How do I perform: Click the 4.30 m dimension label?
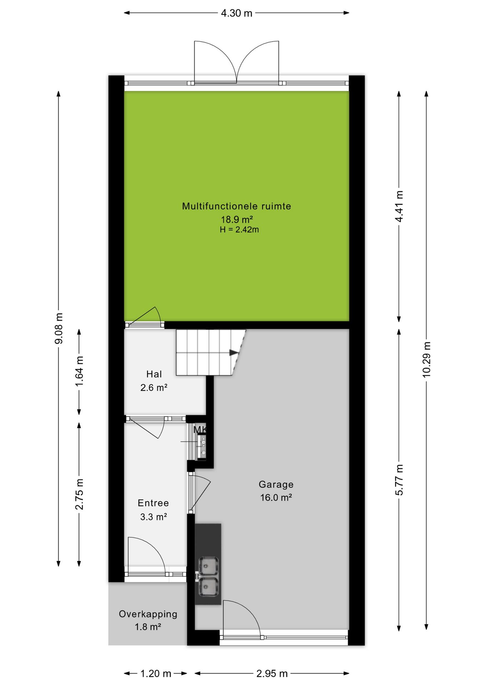pyautogui.click(x=236, y=13)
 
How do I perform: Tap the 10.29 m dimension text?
pyautogui.click(x=426, y=359)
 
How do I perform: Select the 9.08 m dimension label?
pyautogui.click(x=59, y=328)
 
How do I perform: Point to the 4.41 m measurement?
pyautogui.click(x=399, y=206)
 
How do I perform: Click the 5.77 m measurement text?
pyautogui.click(x=399, y=480)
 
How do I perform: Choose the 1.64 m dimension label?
pyautogui.click(x=79, y=371)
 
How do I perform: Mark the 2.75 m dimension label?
pyautogui.click(x=79, y=494)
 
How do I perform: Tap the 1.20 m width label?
pyautogui.click(x=156, y=673)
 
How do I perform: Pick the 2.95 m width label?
pyautogui.click(x=272, y=673)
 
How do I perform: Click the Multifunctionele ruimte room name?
pyautogui.click(x=236, y=206)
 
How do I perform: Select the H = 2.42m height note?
pyautogui.click(x=239, y=230)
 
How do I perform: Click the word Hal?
pyautogui.click(x=154, y=374)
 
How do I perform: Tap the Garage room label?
pyautogui.click(x=276, y=484)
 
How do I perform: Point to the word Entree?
pyautogui.click(x=153, y=503)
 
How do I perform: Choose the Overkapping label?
pyautogui.click(x=148, y=614)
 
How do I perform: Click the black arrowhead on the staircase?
pyautogui.click(x=234, y=353)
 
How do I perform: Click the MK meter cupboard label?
pyautogui.click(x=200, y=430)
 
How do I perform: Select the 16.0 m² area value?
pyautogui.click(x=276, y=497)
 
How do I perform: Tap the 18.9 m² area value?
pyautogui.click(x=237, y=219)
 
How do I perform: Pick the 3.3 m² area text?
pyautogui.click(x=154, y=517)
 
